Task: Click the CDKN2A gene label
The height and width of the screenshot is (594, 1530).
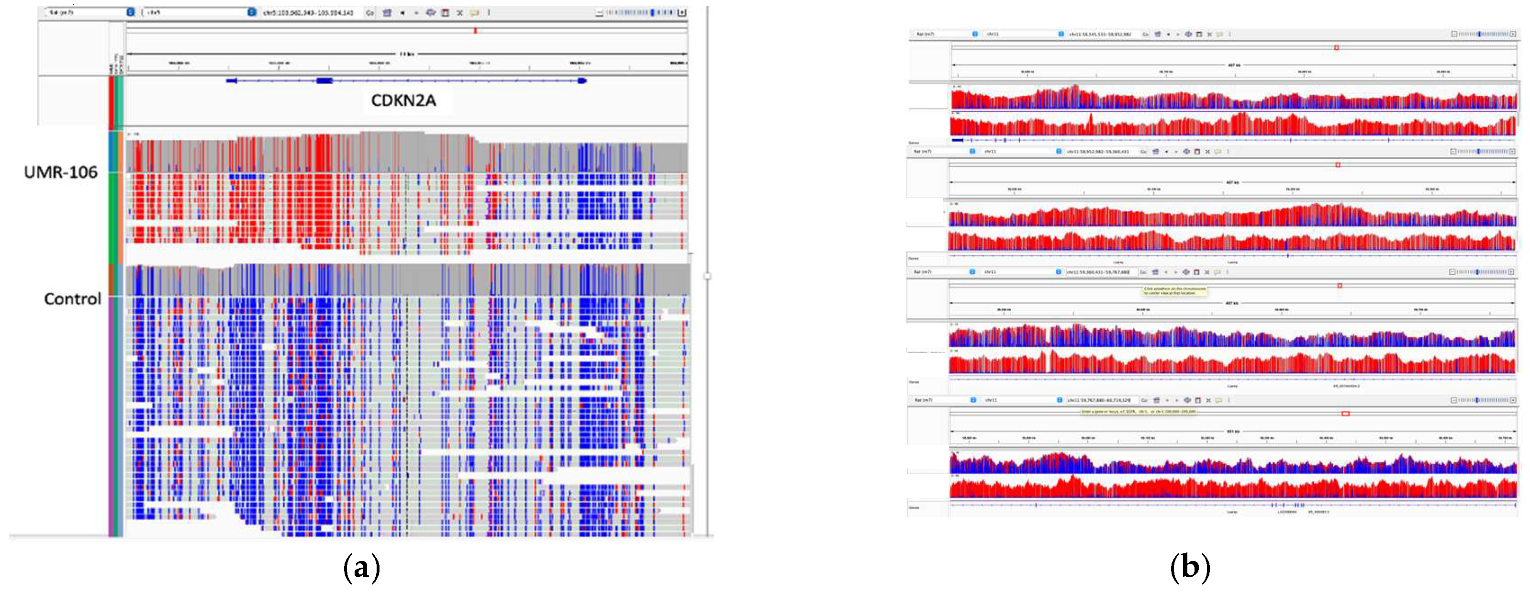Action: [x=403, y=101]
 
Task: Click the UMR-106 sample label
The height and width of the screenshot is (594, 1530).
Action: [x=61, y=172]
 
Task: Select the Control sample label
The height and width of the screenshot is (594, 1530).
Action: [x=72, y=298]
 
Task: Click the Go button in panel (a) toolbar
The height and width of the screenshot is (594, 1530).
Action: [x=369, y=12]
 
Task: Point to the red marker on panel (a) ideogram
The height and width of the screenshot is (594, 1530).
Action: [x=475, y=30]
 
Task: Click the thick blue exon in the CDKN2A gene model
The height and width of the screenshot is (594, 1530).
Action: [x=324, y=81]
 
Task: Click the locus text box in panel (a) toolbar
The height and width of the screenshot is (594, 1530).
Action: [x=309, y=12]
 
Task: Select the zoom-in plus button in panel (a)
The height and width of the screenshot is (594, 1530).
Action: [x=682, y=12]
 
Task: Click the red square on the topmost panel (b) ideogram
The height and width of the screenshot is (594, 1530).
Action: [x=1336, y=47]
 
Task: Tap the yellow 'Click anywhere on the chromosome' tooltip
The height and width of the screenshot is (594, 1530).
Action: [x=1175, y=291]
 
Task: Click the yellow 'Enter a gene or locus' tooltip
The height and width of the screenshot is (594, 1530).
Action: [x=1138, y=411]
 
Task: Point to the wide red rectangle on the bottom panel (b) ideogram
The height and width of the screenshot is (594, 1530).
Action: [x=1345, y=414]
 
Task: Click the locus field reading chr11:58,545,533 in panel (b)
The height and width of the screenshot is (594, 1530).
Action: [x=1100, y=34]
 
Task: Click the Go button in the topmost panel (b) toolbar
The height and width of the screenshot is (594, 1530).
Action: [x=1145, y=34]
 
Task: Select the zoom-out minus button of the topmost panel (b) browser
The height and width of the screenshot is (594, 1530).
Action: [x=1454, y=34]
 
